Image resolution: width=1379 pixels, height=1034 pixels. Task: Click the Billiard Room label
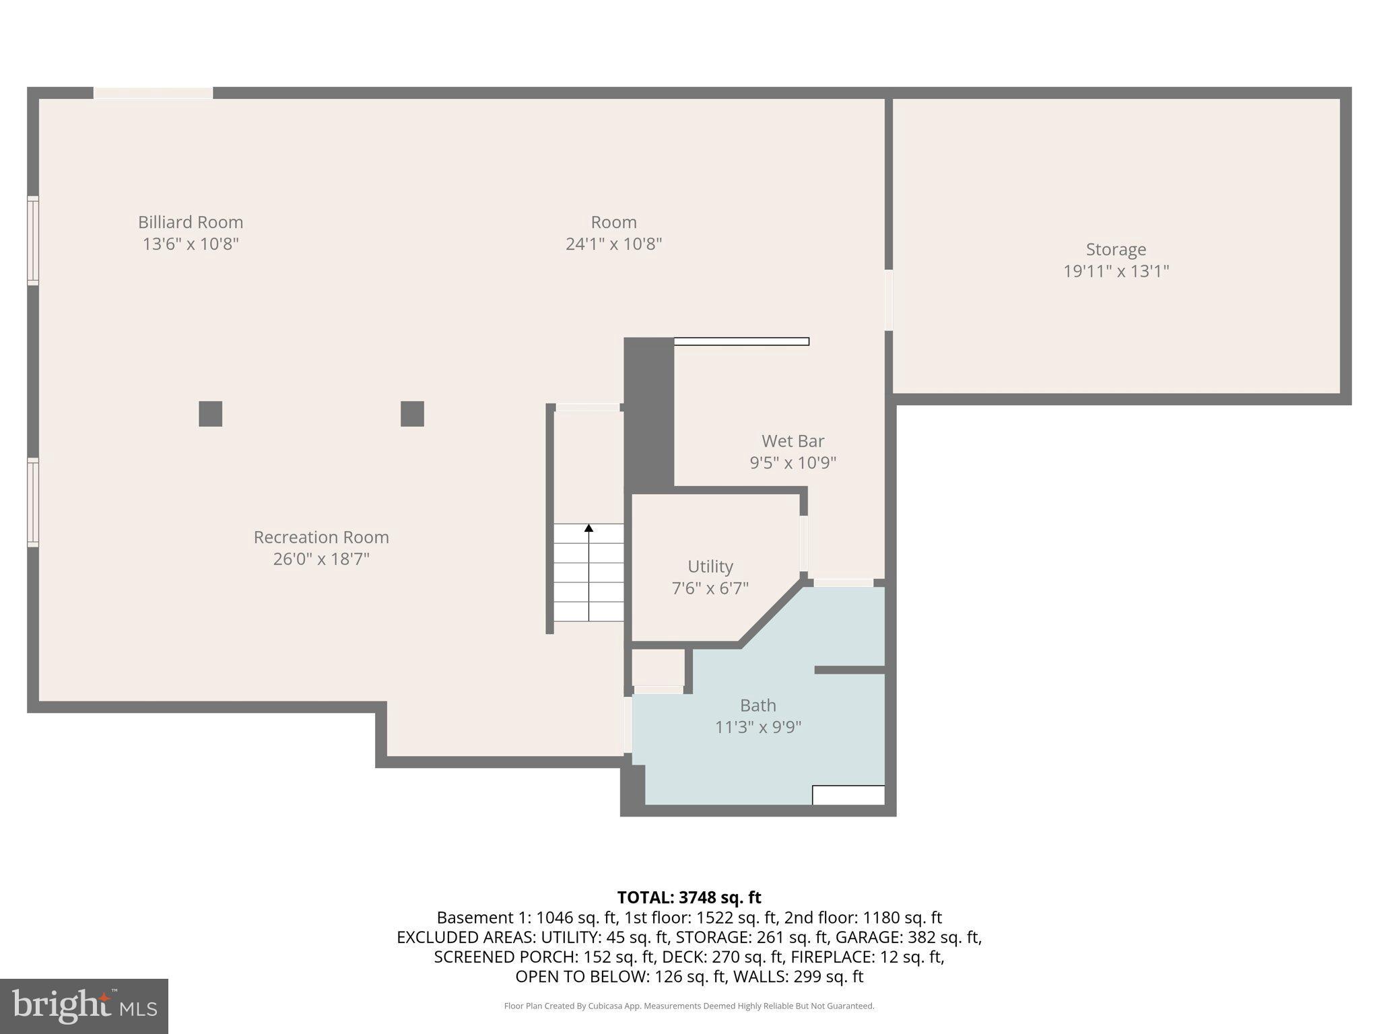point(191,222)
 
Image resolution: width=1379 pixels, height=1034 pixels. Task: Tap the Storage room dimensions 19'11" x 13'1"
point(1116,271)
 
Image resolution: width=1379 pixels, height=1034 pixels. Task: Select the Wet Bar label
point(793,441)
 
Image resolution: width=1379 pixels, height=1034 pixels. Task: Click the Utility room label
point(710,566)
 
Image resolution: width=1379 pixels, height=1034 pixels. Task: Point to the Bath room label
point(758,705)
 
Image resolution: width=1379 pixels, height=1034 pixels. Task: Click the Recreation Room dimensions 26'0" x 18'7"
point(321,559)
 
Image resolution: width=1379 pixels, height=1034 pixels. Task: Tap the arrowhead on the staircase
point(588,528)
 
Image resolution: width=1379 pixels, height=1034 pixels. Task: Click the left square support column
point(210,413)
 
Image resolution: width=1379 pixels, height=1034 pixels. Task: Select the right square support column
point(412,413)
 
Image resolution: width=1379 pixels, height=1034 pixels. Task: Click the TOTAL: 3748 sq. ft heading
point(689,897)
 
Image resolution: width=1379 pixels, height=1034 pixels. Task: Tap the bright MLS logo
point(84,1006)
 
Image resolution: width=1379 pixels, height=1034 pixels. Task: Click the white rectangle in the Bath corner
point(848,795)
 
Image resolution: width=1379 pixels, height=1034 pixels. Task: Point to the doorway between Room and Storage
point(888,300)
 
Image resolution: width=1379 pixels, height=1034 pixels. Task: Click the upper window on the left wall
point(32,240)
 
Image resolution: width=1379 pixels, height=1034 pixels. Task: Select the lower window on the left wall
point(32,502)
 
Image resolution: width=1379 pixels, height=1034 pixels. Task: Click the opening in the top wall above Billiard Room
point(153,93)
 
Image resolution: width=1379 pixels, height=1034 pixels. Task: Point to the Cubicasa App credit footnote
point(689,1006)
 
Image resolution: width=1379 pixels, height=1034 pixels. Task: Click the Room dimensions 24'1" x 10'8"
point(613,244)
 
